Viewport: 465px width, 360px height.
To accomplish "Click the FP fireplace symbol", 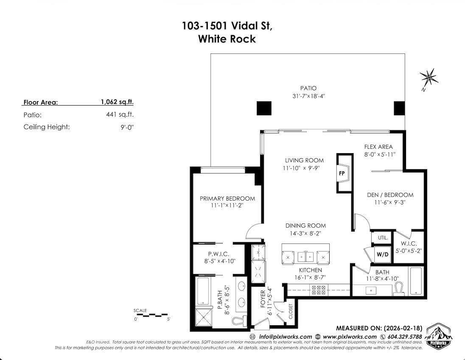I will pos(342,173).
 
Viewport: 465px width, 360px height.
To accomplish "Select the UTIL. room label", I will pos(382,238).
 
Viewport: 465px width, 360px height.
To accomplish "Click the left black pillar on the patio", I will pos(263,109).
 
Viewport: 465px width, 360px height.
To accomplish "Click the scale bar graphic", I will pos(151,315).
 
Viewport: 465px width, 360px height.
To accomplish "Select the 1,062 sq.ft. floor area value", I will pos(117,102).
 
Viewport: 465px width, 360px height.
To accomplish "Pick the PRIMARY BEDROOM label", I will pos(227,198).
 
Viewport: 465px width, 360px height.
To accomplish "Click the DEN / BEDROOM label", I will pos(390,195).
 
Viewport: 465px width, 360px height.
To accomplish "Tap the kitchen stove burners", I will pos(319,290).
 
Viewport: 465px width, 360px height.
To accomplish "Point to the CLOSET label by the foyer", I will pos(291,311).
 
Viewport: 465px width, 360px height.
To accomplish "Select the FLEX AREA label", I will pos(378,147).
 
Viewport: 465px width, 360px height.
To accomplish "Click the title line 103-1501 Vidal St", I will pos(227,26).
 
